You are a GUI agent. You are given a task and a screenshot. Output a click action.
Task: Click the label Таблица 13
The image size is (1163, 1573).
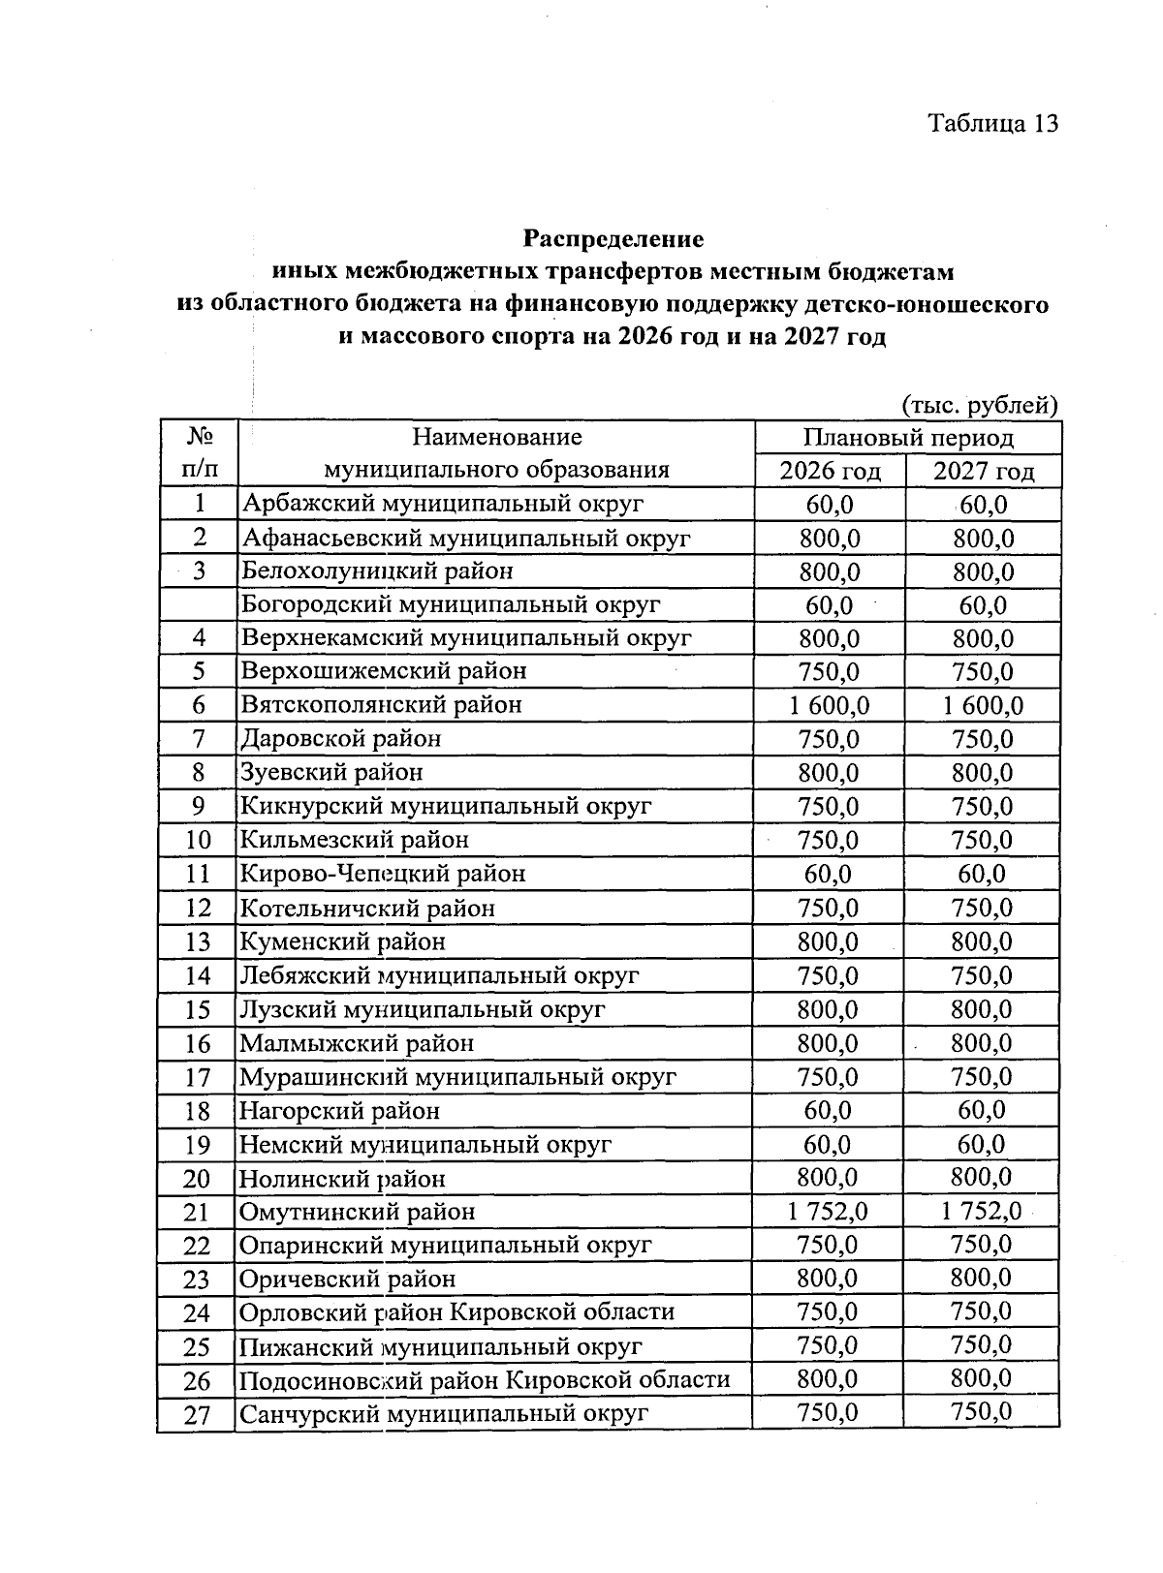click(x=991, y=124)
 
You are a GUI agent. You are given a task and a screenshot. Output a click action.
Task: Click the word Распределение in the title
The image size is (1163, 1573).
click(x=613, y=237)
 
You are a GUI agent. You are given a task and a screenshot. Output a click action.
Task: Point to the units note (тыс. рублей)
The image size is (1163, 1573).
click(x=979, y=404)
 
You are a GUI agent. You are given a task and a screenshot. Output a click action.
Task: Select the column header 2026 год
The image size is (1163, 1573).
click(x=831, y=472)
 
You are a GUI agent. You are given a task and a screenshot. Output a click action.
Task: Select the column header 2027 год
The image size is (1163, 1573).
click(x=983, y=472)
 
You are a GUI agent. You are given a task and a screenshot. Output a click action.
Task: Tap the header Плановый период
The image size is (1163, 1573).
click(x=907, y=438)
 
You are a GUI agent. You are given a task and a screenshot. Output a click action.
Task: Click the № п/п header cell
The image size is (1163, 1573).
click(x=199, y=453)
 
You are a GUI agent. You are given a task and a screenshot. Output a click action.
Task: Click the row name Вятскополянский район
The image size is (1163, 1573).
click(x=382, y=705)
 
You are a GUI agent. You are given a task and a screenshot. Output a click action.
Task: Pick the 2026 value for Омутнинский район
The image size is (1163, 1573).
click(x=829, y=1211)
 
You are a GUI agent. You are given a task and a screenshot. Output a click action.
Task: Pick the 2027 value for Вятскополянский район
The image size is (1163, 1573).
click(x=983, y=705)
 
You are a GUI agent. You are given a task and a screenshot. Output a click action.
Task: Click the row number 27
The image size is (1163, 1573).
click(x=197, y=1414)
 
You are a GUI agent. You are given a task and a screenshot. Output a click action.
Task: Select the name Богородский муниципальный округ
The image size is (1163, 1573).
click(x=451, y=605)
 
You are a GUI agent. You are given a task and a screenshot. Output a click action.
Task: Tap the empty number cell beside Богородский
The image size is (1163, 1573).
click(x=199, y=605)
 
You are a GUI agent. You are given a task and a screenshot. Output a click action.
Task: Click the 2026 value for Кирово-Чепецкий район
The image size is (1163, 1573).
click(x=829, y=874)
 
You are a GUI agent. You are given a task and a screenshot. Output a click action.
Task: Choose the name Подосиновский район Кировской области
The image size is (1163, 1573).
click(x=485, y=1380)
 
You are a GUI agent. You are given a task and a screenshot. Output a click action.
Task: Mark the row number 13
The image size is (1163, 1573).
click(x=198, y=941)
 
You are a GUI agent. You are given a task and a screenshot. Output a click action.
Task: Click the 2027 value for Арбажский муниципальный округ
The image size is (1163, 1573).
click(x=983, y=505)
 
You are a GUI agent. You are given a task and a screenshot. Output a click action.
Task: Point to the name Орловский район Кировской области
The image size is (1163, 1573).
click(x=456, y=1312)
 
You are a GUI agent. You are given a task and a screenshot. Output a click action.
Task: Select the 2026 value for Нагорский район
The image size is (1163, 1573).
click(x=829, y=1110)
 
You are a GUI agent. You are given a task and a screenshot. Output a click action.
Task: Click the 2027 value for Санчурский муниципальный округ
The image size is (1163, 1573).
click(x=982, y=1412)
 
